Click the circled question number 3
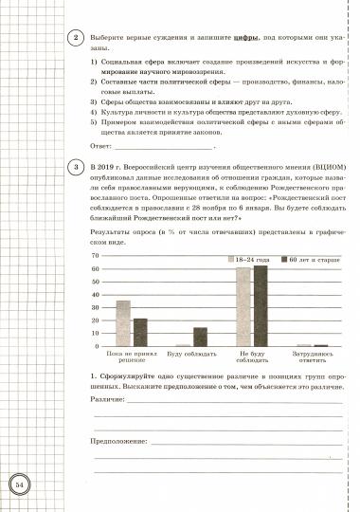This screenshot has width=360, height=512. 75,168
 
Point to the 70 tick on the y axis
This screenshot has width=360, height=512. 94,256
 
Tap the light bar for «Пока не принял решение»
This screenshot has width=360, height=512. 123,323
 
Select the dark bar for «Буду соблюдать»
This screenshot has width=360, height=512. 200,337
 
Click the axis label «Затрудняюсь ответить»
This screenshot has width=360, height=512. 313,358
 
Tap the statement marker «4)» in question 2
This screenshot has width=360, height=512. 95,109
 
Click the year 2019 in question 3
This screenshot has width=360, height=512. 107,164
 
